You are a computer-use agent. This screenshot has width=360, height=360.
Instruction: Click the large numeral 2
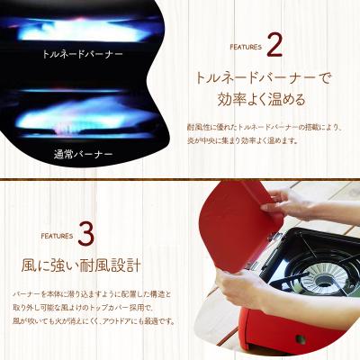pos(276,45)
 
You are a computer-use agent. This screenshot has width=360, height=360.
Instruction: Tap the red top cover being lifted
pos(235,215)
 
